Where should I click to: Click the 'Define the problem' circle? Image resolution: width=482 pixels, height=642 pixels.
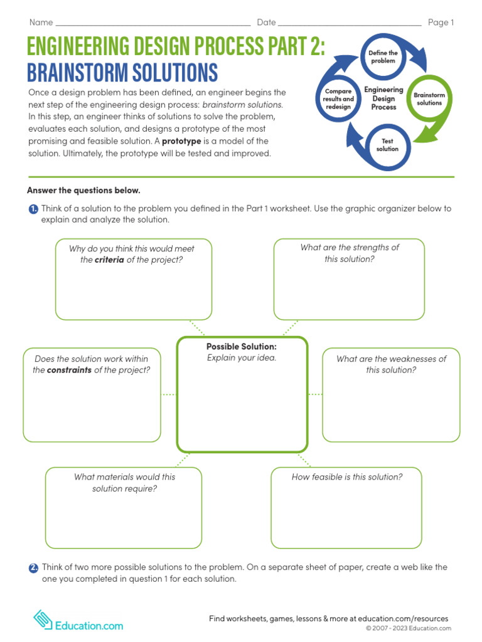pos(382,57)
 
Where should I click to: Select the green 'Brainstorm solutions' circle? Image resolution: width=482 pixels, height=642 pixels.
pos(429,99)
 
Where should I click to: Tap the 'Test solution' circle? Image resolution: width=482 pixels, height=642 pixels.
pos(387,145)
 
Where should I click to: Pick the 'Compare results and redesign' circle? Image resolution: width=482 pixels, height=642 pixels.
pos(338,99)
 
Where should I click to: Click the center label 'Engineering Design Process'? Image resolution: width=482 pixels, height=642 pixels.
pos(383,98)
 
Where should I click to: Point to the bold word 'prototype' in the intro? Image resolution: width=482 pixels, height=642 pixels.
pos(181,141)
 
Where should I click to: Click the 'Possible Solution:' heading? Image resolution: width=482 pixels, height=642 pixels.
pos(242,347)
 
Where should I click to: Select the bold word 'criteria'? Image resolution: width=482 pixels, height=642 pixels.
pos(109,260)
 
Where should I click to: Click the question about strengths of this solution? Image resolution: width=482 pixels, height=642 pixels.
pos(349,253)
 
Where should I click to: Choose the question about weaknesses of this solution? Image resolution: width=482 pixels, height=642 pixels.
pos(391,364)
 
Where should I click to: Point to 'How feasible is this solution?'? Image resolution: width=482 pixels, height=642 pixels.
pos(347,477)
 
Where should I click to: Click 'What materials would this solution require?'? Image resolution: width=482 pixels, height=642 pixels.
pos(124,483)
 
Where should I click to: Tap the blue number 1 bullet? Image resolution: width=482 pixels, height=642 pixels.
pos(33,209)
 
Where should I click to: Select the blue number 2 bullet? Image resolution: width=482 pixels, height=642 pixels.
pos(33,567)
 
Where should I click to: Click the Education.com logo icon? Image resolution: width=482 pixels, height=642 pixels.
pos(43,619)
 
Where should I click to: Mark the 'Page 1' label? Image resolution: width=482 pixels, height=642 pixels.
pos(441,23)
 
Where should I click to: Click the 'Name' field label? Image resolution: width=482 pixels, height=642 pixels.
pos(41,23)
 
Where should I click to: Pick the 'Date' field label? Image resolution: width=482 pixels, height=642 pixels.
pos(266,23)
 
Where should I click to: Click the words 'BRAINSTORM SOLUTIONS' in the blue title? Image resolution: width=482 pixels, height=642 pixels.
pos(122,73)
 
